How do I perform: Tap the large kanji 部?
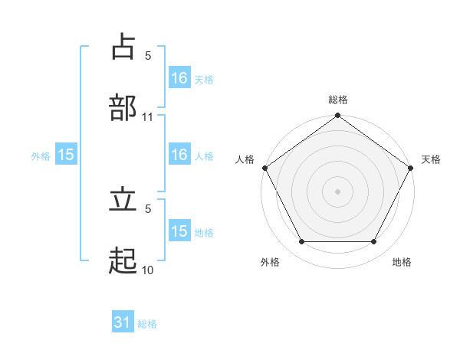click(123, 107)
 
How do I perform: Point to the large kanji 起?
click(123, 261)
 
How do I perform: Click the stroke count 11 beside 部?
click(148, 117)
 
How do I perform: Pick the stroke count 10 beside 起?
click(148, 270)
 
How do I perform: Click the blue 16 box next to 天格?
click(179, 78)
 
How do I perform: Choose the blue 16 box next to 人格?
click(179, 155)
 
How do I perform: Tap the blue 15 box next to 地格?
click(179, 231)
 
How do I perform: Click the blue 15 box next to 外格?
click(66, 155)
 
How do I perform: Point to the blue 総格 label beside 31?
click(147, 324)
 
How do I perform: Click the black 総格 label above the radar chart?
click(337, 100)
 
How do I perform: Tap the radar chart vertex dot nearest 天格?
click(411, 168)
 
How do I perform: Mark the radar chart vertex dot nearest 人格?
click(264, 168)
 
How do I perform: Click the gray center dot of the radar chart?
click(337, 191)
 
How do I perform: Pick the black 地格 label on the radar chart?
click(402, 262)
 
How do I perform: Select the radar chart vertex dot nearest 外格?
click(301, 242)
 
